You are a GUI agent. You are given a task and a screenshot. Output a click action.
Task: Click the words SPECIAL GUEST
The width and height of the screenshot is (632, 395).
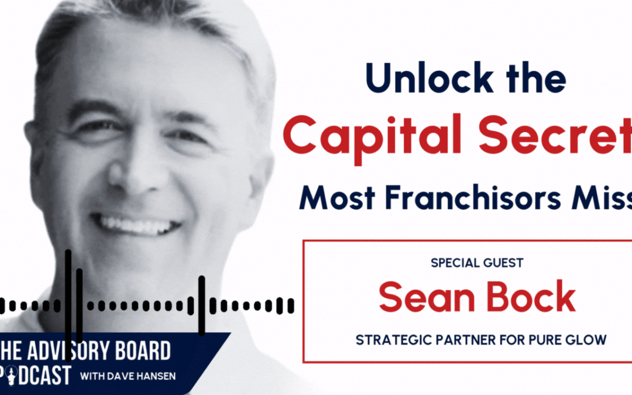[x=477, y=263]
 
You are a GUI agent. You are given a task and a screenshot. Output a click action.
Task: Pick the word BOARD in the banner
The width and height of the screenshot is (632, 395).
[x=143, y=352]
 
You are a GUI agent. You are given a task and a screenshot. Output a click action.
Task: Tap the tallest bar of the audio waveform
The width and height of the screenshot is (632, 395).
[x=68, y=293]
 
